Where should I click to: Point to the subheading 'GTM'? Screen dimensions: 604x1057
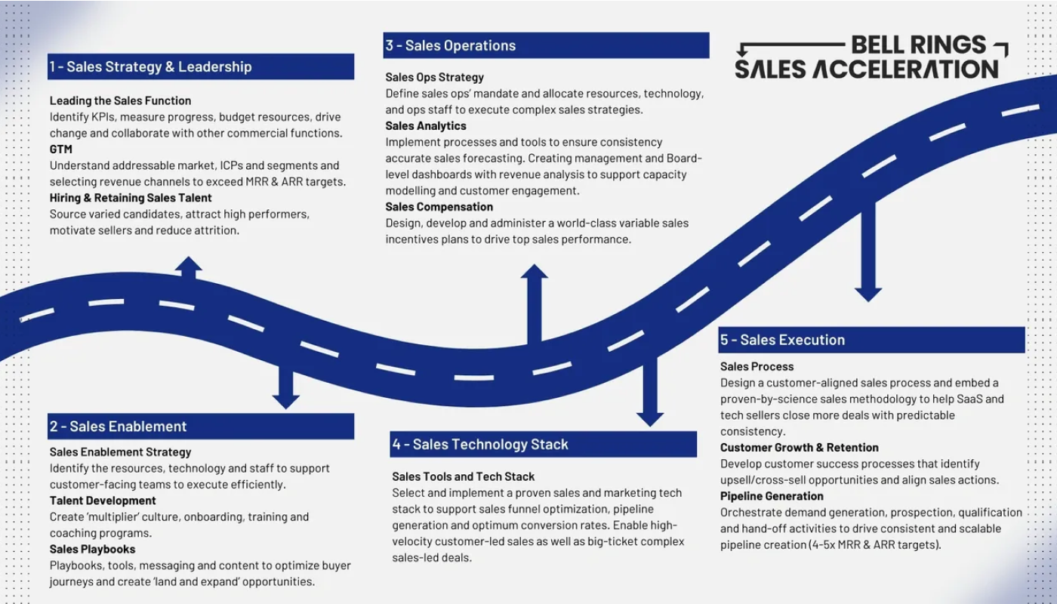[x=61, y=149]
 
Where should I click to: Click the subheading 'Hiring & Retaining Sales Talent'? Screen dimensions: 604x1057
[x=131, y=198]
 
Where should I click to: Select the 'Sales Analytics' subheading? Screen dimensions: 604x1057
[x=426, y=126]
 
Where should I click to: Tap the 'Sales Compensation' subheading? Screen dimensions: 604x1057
[x=439, y=207]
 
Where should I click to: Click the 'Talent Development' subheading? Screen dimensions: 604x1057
[x=103, y=501]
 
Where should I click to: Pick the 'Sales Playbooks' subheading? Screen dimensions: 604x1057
[x=92, y=549]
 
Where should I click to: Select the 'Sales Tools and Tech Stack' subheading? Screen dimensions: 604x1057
[x=463, y=476]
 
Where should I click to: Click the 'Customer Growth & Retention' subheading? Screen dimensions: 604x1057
[x=799, y=448]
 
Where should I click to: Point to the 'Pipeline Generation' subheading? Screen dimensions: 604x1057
[x=772, y=496]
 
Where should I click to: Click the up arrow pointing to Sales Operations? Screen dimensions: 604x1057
[x=534, y=302]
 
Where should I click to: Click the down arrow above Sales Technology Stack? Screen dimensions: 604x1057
[x=649, y=393]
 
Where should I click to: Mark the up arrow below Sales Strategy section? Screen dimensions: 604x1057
[x=188, y=267]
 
